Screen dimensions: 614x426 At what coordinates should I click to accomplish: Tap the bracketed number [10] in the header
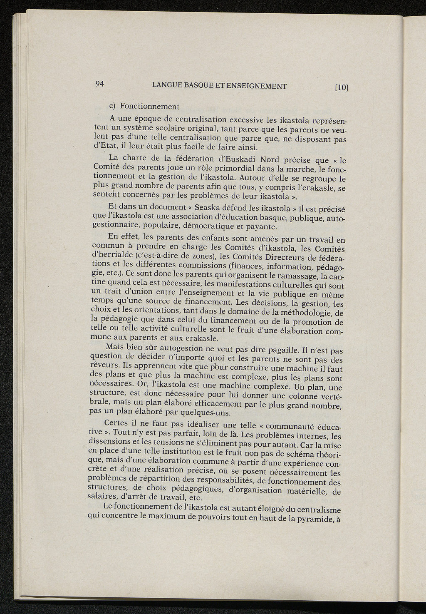click(x=341, y=87)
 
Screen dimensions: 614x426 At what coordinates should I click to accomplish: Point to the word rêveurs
click(x=104, y=365)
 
